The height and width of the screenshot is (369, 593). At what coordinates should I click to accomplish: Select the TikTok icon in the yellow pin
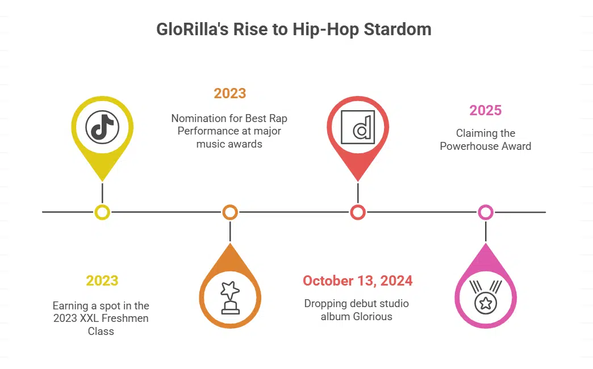102,128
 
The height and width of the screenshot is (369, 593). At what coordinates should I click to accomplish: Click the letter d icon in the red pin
358,128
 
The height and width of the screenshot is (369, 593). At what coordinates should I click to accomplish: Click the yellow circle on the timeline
102,212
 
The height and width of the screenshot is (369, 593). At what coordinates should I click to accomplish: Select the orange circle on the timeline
230,212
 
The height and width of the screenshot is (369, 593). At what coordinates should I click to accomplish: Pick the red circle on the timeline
358,212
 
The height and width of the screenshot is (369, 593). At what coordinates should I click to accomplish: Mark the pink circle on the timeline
486,212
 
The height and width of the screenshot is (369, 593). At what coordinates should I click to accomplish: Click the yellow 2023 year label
102,280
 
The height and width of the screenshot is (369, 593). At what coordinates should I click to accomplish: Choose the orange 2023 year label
230,93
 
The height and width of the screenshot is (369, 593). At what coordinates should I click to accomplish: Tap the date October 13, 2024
358,280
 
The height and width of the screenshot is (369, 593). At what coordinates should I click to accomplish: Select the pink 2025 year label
486,110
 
